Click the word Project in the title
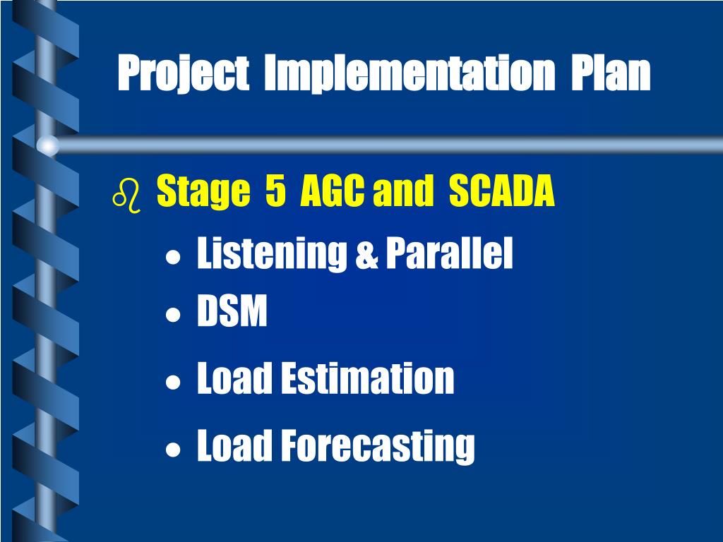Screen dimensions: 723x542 (x=184, y=73)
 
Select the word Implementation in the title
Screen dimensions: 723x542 (x=410, y=73)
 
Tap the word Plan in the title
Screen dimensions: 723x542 (x=611, y=72)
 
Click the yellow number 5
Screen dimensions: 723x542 (x=275, y=189)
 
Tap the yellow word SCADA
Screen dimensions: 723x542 (x=502, y=190)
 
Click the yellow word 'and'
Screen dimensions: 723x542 (x=403, y=190)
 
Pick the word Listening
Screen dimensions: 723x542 (x=272, y=253)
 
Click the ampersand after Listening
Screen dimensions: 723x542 (x=366, y=256)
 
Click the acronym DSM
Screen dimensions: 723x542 (x=232, y=311)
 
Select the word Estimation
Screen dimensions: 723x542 (x=367, y=378)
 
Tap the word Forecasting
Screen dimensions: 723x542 (x=378, y=446)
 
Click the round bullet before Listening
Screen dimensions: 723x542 (x=173, y=257)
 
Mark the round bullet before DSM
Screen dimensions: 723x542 (x=173, y=315)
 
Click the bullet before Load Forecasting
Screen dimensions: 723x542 (x=173, y=450)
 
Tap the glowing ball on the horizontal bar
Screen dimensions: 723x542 (x=47, y=145)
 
